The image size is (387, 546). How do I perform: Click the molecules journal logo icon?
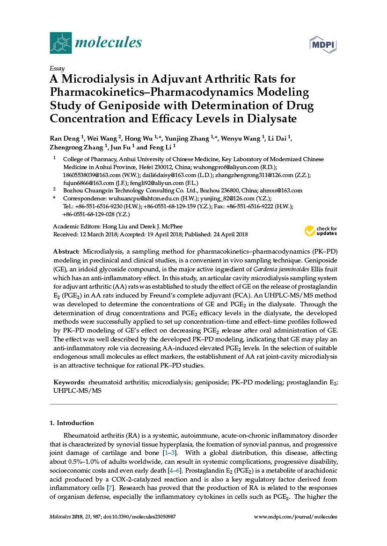coord(61,43)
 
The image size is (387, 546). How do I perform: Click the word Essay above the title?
coord(57,68)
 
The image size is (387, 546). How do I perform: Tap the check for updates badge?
coord(321,230)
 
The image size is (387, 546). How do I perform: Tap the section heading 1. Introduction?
coord(72,423)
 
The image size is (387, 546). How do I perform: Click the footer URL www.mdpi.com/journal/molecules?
coord(295,517)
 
